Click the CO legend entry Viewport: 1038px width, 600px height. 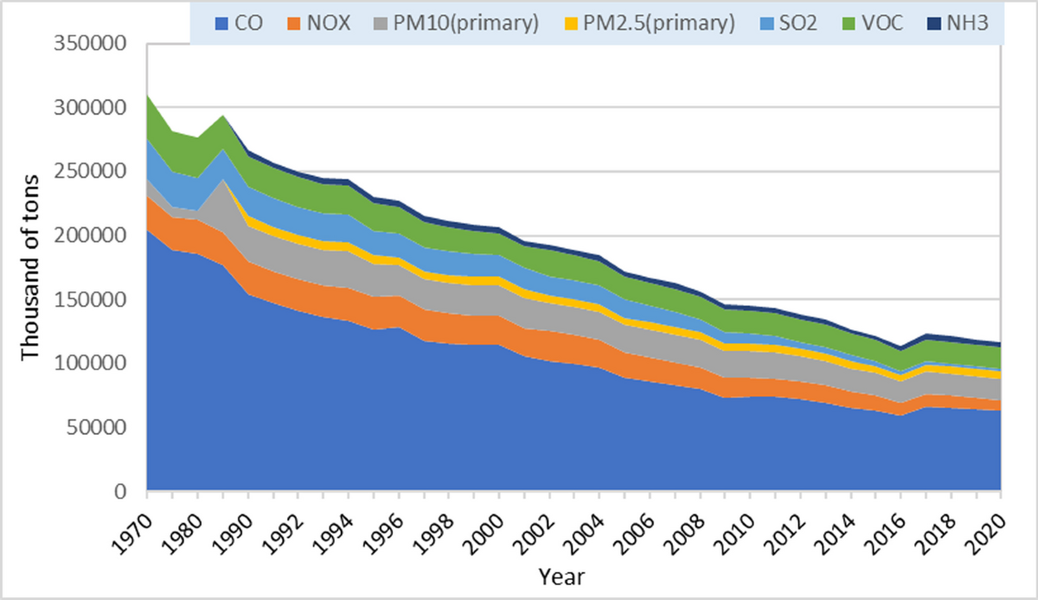237,23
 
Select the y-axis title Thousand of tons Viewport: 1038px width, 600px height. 29,268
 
